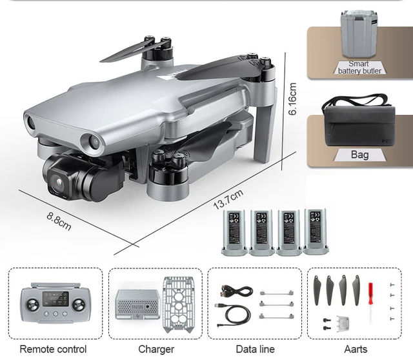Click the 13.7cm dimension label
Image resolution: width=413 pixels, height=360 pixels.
(228, 199)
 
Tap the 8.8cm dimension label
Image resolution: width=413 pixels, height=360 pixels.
(59, 221)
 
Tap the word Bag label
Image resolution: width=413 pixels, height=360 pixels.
(359, 155)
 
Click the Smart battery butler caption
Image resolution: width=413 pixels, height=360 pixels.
(359, 67)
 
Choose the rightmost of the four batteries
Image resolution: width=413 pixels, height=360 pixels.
(316, 230)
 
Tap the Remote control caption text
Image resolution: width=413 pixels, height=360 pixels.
(53, 349)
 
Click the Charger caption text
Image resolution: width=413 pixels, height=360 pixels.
(156, 349)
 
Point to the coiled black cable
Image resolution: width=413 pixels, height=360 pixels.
(232, 314)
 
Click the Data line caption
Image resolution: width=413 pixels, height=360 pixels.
(255, 349)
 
